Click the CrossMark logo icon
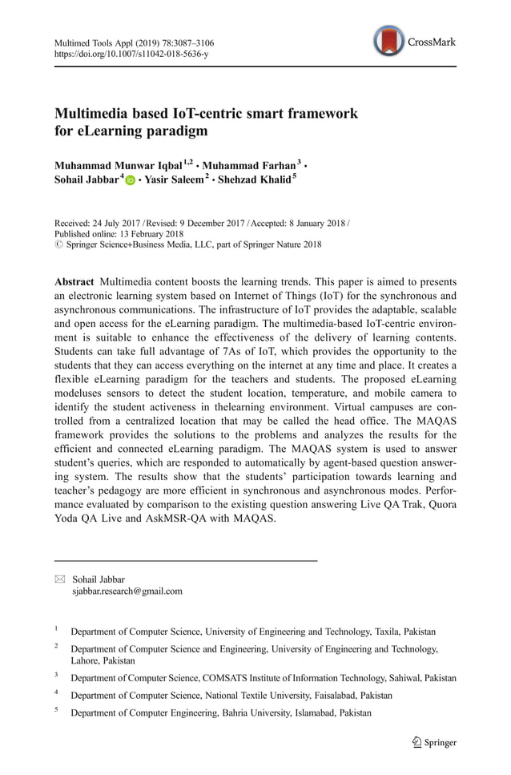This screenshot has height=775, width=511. point(389,42)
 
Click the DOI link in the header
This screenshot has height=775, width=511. point(131,54)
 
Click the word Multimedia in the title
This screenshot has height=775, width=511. point(91,113)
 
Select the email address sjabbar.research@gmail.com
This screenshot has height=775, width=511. point(127,591)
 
